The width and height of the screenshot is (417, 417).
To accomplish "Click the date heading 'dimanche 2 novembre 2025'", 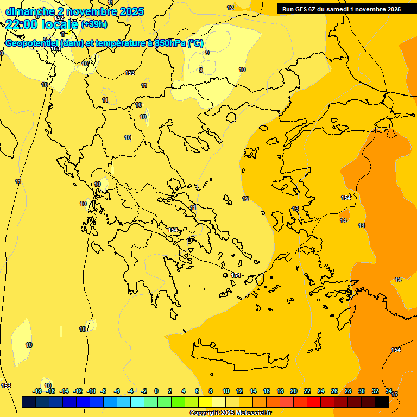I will (74, 11).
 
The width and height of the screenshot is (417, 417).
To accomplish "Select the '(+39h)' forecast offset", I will (93, 24).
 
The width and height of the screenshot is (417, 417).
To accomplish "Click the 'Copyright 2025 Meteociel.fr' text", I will (230, 413).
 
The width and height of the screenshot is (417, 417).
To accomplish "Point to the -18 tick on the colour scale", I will (37, 391).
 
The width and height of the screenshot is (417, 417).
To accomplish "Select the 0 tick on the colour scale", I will (156, 391).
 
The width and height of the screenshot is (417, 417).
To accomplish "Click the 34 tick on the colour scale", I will (389, 391).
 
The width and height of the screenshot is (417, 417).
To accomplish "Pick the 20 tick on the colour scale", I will (294, 391).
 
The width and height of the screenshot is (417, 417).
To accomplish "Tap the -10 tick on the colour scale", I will (91, 391).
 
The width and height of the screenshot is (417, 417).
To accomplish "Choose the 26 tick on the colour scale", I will (334, 391).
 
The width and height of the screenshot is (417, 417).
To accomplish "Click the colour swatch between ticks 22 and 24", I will (314, 402).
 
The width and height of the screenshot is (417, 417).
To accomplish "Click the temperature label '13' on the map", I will (295, 208).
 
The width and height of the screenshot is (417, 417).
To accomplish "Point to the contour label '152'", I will (59, 18).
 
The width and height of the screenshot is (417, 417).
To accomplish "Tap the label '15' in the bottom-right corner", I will (395, 394).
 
